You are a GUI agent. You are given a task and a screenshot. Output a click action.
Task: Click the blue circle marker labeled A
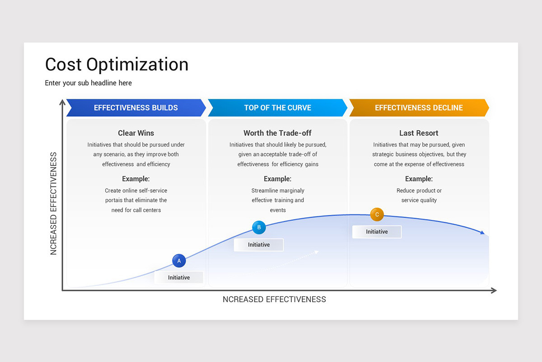point(179,261)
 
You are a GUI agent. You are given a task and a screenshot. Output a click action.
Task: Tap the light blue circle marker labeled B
point(259,227)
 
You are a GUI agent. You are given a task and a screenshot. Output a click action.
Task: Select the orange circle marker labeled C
point(377,214)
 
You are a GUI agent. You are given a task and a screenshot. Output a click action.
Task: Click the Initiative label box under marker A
point(179,277)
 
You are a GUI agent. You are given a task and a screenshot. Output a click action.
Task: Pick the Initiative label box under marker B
point(259,245)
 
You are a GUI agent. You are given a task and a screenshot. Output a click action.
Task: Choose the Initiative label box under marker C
point(377,232)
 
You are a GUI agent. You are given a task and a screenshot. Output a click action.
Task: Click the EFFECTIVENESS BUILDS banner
point(136,108)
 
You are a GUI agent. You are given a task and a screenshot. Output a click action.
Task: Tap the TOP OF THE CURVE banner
point(277,108)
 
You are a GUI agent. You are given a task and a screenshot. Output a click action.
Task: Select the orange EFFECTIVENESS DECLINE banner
point(419,108)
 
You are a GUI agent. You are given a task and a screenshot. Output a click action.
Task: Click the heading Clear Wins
point(136,133)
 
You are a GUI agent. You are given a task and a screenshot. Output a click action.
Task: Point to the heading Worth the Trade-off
point(277,133)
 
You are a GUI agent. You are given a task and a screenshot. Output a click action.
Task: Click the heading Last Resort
point(419,133)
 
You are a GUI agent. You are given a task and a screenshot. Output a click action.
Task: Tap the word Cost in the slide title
point(63,65)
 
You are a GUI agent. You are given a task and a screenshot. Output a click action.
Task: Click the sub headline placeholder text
point(89,83)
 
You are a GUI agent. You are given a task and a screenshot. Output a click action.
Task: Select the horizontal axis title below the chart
point(274,299)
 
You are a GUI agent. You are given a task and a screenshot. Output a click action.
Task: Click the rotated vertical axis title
point(54,204)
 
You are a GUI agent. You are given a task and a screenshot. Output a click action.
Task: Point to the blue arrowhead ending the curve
point(482,233)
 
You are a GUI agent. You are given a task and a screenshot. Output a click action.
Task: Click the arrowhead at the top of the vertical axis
point(62,102)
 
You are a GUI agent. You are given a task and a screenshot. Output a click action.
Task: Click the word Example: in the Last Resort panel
point(419,179)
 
